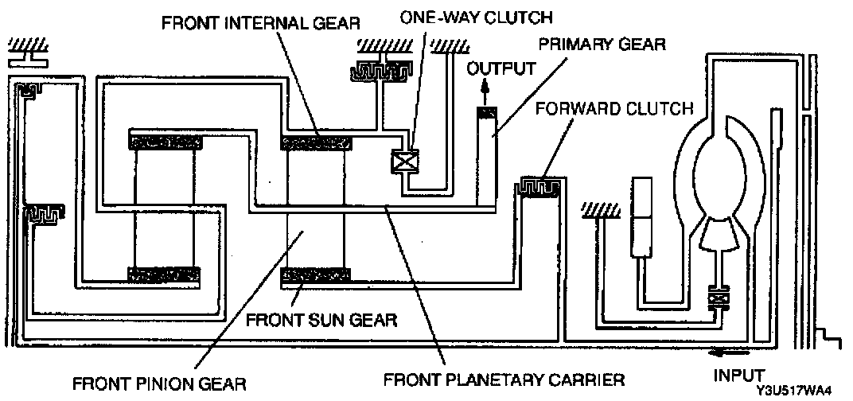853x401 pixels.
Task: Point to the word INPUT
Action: coord(739,374)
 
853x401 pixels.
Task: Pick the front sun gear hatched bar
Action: coord(316,275)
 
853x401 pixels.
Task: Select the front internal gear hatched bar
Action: coord(317,143)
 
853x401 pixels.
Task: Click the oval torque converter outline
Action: coord(721,167)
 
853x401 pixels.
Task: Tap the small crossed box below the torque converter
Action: coord(719,301)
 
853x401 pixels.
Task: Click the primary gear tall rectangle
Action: coord(487,155)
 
